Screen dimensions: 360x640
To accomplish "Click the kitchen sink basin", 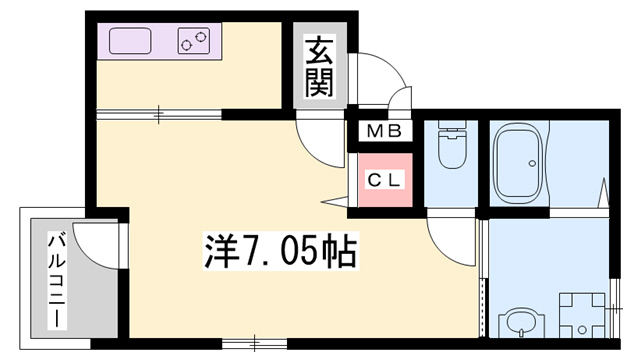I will tap(130, 41).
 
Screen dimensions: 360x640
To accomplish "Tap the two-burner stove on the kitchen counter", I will tap(195, 41).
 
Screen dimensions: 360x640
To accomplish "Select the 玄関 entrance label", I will tap(319, 66).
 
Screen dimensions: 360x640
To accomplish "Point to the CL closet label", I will tap(384, 181).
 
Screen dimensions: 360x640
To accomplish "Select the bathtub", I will tap(518, 161).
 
